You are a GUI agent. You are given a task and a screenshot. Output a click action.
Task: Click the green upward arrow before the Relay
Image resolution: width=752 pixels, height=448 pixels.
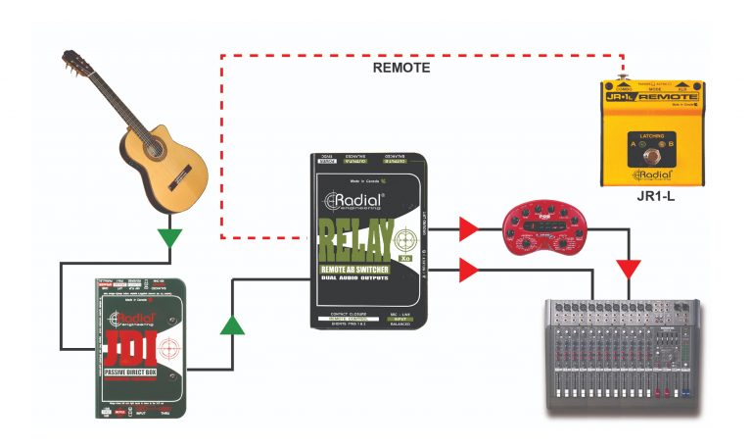coord(232,324)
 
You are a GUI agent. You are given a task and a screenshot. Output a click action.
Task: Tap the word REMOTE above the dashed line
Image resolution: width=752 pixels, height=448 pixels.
coord(401,69)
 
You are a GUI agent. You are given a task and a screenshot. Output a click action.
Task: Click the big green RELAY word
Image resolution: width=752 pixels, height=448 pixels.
coord(356,238)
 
